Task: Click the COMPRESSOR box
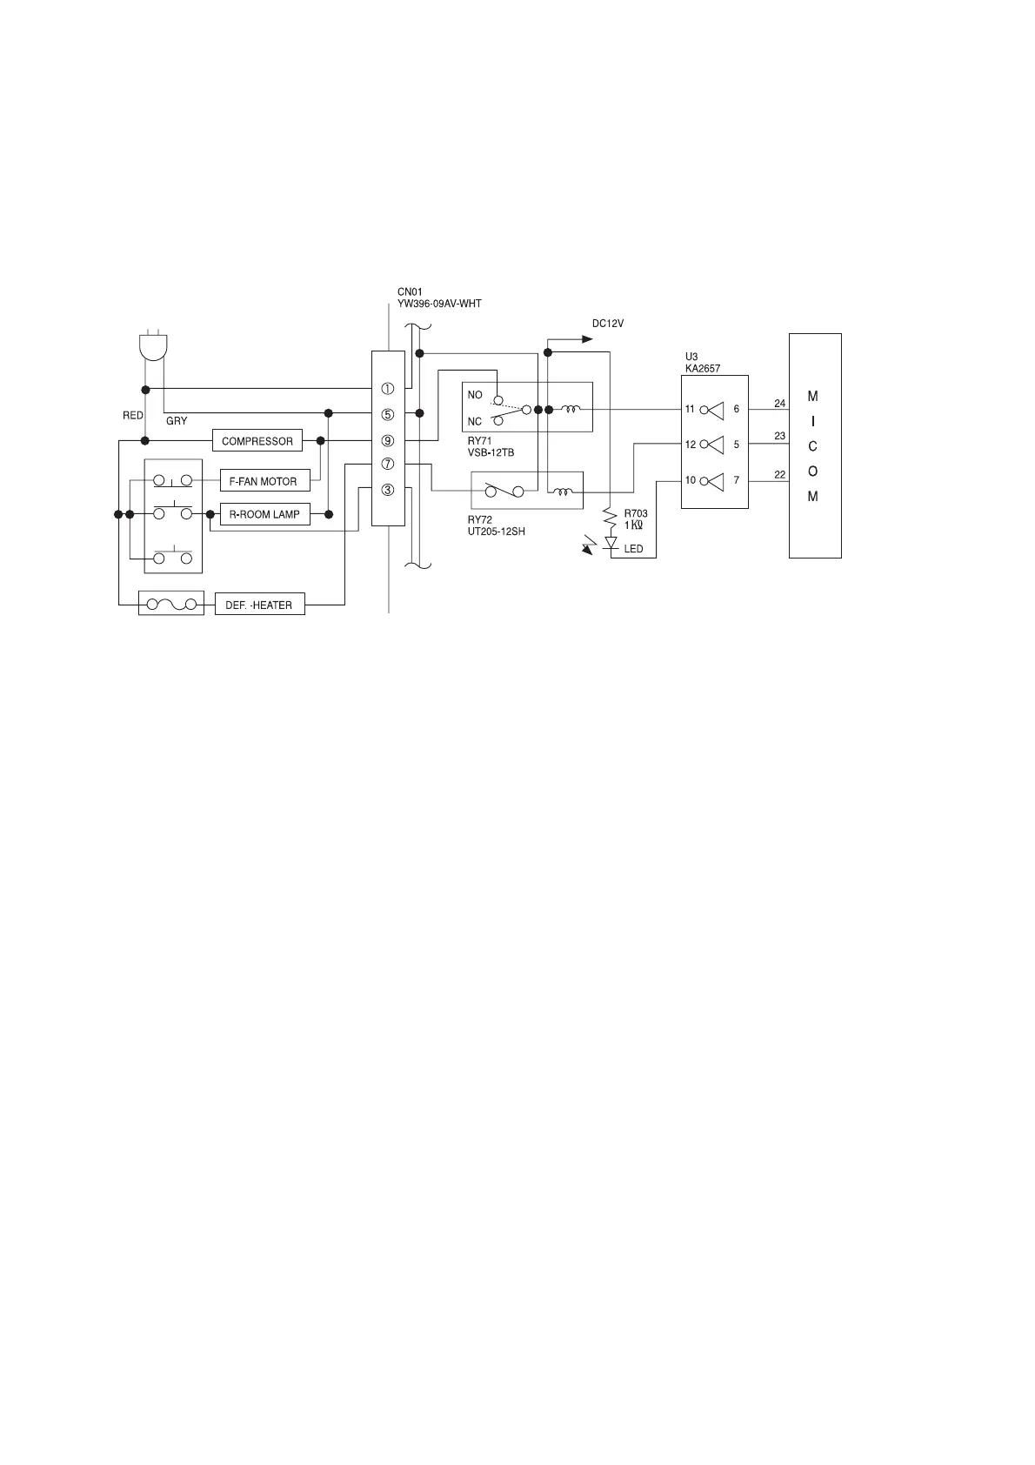[x=257, y=441]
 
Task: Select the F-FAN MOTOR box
[x=264, y=481]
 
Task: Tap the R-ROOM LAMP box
[x=264, y=514]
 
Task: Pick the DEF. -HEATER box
[x=259, y=605]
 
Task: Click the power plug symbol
[x=154, y=347]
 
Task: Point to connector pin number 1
[x=388, y=389]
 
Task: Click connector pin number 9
[x=388, y=441]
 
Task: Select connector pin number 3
[x=388, y=490]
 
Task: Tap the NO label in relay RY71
[x=475, y=395]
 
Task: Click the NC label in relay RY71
[x=475, y=421]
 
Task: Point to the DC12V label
[x=608, y=324]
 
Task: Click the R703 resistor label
[x=636, y=513]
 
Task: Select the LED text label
[x=633, y=549]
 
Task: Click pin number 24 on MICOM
[x=780, y=404]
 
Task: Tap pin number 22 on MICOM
[x=780, y=474]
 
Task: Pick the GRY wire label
[x=177, y=421]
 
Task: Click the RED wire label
[x=133, y=416]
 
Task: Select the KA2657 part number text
[x=703, y=369]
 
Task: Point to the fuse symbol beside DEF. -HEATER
[x=170, y=605]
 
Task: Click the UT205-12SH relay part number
[x=497, y=532]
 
